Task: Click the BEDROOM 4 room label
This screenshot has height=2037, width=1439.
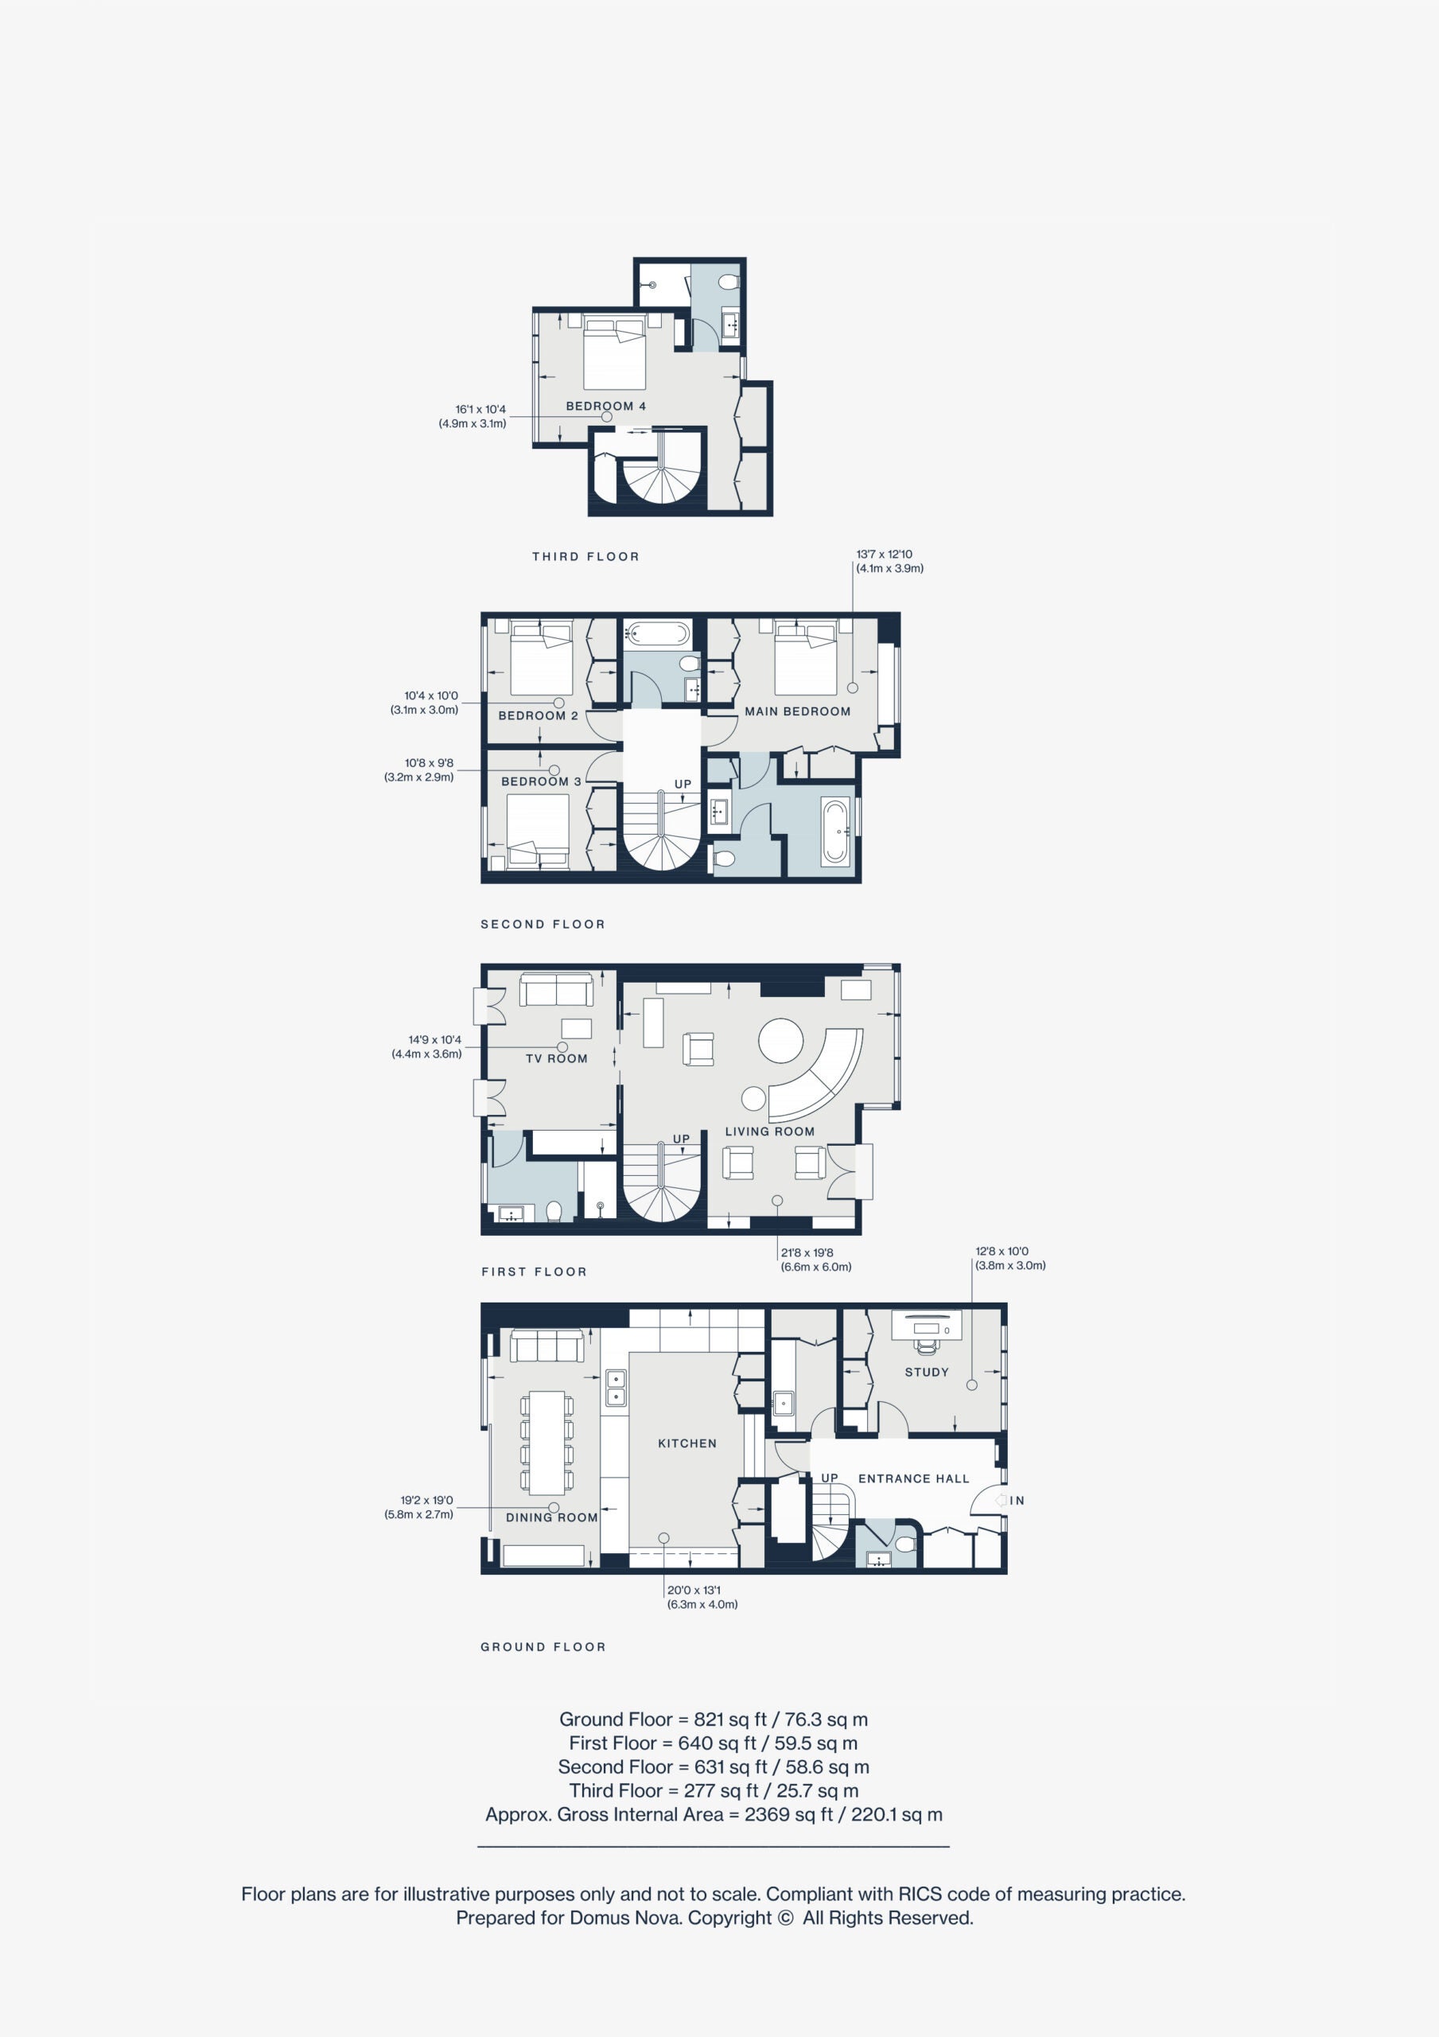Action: pyautogui.click(x=606, y=406)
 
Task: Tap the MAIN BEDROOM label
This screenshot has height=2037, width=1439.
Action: pyautogui.click(x=798, y=711)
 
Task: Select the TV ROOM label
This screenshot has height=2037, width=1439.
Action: pyautogui.click(x=556, y=1057)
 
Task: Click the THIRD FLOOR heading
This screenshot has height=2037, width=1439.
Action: pyautogui.click(x=585, y=556)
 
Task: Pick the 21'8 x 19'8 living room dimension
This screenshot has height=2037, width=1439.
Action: pyautogui.click(x=807, y=1252)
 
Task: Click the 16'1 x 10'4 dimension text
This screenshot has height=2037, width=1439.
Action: pyautogui.click(x=480, y=409)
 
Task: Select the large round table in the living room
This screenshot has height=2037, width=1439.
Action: pyautogui.click(x=780, y=1040)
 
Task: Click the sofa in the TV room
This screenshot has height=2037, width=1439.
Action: pyautogui.click(x=556, y=988)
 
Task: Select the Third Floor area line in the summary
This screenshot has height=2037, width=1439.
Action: pyautogui.click(x=714, y=1790)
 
